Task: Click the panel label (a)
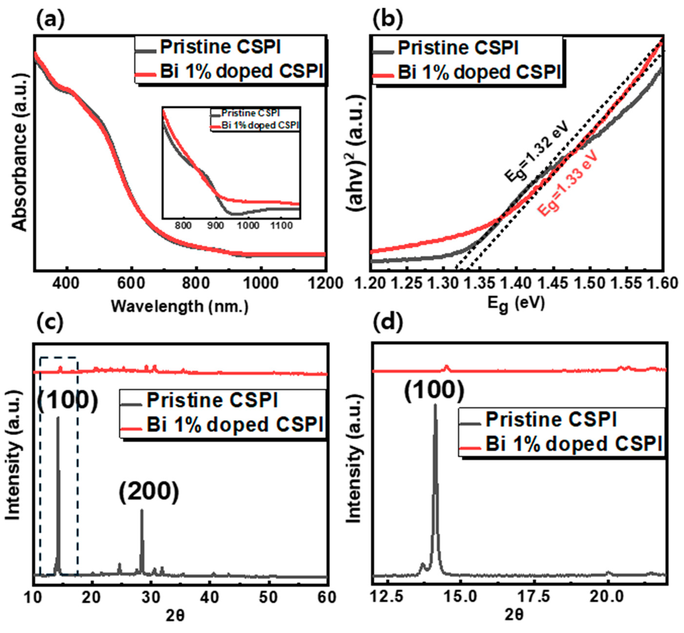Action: pos(50,20)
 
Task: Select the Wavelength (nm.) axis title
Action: pos(180,306)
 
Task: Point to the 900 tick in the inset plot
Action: pos(215,226)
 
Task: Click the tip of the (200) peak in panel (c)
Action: pos(142,511)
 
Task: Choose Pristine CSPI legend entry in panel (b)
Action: pos(458,48)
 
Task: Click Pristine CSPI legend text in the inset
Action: pos(250,113)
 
